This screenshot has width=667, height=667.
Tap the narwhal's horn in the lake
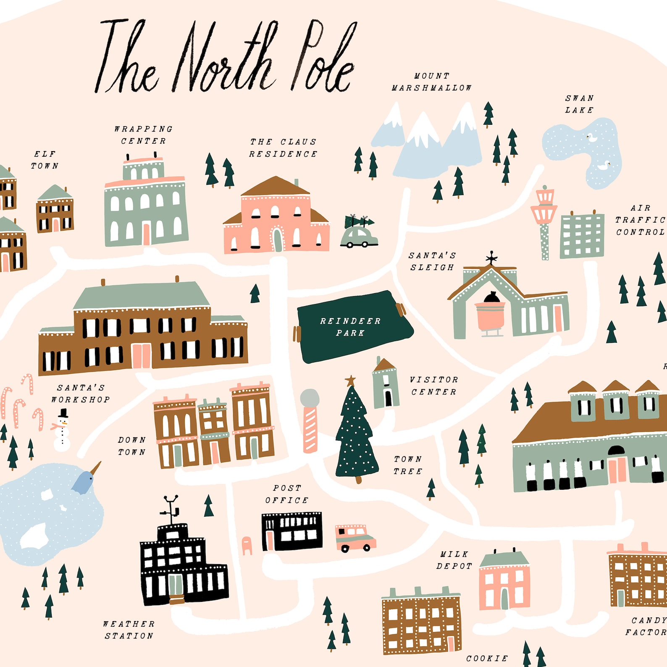click(x=96, y=468)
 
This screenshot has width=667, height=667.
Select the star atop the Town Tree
click(x=350, y=381)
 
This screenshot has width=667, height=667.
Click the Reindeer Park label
click(x=350, y=327)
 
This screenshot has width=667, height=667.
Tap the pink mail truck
click(x=355, y=538)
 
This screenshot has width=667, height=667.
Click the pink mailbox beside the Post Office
click(x=247, y=545)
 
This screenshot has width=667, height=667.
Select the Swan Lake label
click(x=579, y=104)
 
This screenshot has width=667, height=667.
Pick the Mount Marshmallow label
click(x=431, y=82)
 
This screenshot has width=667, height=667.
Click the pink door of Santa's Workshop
click(x=141, y=356)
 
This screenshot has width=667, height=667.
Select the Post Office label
click(x=287, y=494)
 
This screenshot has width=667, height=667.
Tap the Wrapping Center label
click(x=144, y=135)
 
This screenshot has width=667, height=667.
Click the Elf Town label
click(x=45, y=160)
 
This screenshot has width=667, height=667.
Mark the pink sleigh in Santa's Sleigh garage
click(x=490, y=317)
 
